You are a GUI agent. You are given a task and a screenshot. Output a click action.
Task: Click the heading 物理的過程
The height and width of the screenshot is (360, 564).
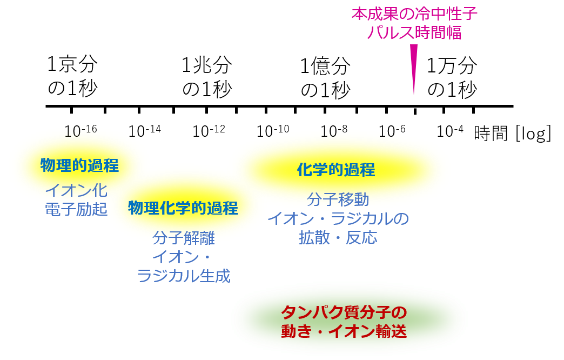(79, 165)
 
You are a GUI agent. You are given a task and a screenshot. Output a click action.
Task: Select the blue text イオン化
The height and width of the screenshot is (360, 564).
(76, 190)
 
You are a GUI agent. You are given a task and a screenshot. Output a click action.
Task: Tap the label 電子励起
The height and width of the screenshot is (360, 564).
(76, 209)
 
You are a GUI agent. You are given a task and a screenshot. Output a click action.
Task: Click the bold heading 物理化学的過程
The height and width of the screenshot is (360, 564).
(183, 208)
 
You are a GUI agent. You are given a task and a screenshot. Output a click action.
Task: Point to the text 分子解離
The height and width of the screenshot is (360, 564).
(184, 237)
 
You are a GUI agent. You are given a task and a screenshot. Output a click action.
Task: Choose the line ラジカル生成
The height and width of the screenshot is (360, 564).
(184, 276)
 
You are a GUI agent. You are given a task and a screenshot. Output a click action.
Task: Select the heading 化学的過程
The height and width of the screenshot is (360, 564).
(335, 170)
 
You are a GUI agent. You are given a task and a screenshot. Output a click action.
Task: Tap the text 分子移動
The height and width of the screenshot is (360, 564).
(338, 199)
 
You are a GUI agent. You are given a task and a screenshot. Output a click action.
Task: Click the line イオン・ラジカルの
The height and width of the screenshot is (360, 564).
(338, 218)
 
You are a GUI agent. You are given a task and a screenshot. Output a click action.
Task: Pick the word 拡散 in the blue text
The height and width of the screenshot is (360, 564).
(314, 238)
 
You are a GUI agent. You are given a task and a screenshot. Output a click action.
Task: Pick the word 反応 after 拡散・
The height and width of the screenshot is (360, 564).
(362, 238)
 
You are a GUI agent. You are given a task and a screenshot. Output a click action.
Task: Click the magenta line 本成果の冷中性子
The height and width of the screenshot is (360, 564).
(414, 14)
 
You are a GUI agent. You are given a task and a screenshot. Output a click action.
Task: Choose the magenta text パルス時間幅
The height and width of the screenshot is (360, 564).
(414, 33)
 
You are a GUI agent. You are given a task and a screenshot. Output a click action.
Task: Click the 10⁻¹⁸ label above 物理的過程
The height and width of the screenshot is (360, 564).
(81, 131)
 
